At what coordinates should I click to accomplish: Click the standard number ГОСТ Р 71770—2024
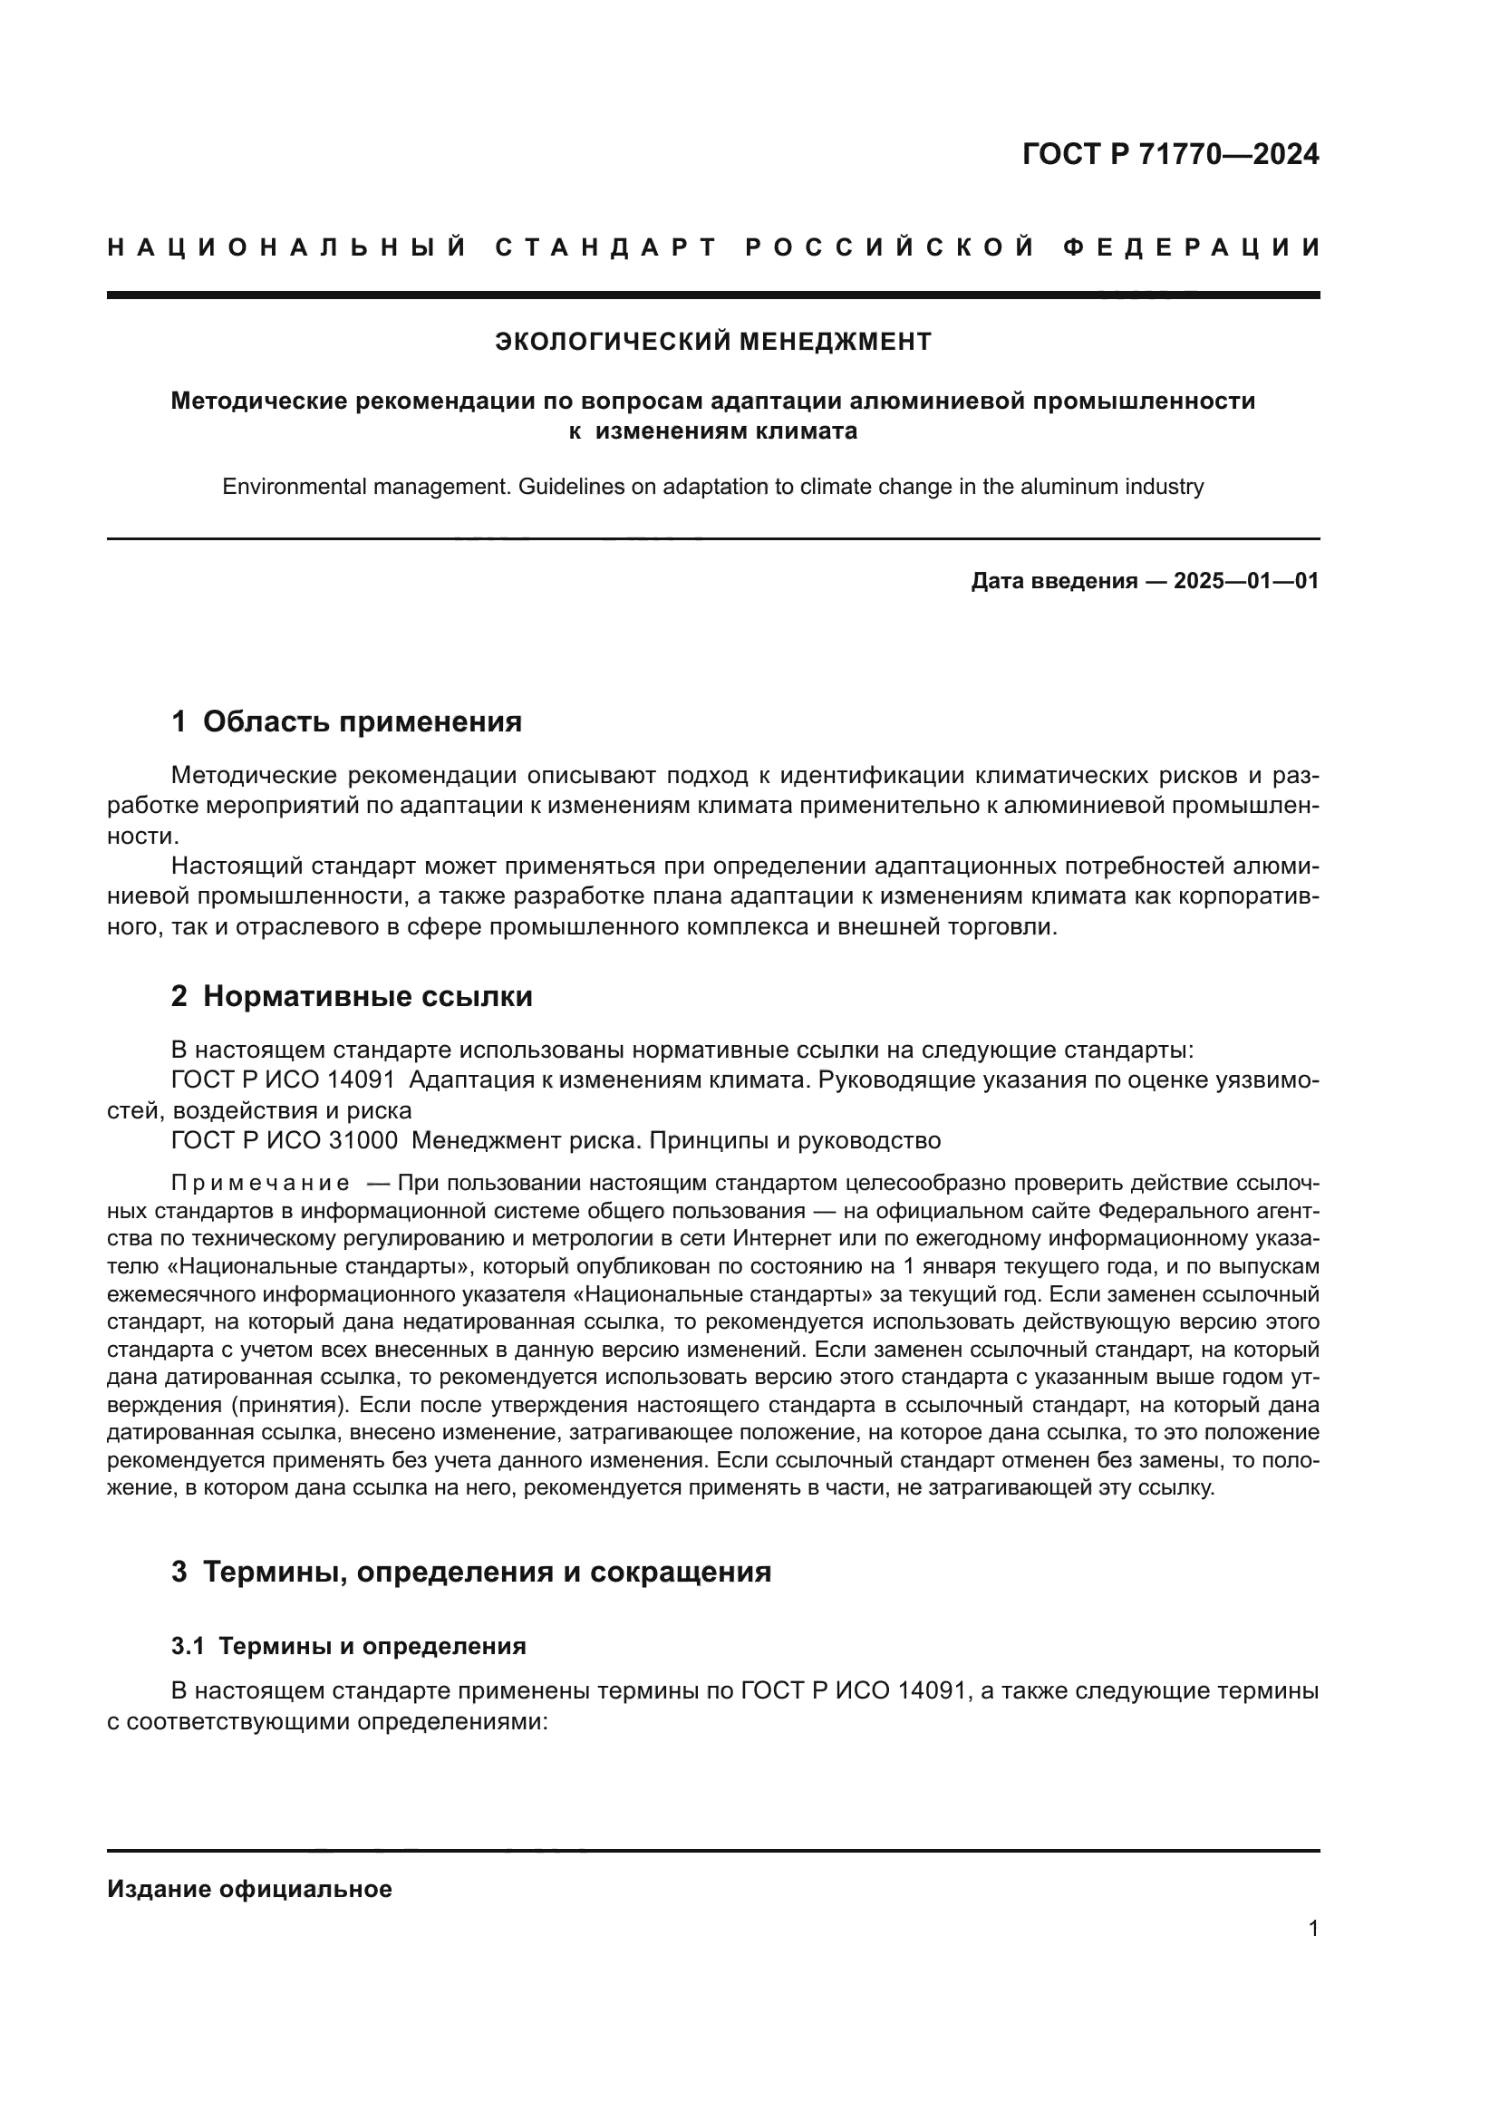tap(1169, 154)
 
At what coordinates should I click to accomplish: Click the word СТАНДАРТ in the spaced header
tap(606, 247)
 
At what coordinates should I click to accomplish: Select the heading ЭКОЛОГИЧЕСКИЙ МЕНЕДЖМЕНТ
tap(712, 342)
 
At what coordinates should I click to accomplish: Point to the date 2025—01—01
tap(1245, 581)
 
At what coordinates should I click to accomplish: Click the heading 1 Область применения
tap(346, 722)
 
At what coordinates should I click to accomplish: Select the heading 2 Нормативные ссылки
tap(352, 996)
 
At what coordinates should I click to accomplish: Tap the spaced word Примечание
tap(260, 1184)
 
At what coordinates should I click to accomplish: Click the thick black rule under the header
tap(712, 295)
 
